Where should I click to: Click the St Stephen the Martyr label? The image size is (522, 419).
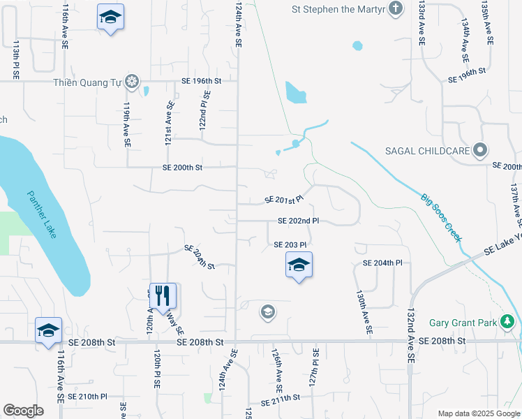click(x=338, y=10)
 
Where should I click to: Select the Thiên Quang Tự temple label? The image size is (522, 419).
click(x=87, y=81)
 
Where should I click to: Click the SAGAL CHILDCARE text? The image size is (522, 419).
click(x=426, y=150)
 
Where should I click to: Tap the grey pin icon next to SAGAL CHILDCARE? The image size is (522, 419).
click(x=479, y=150)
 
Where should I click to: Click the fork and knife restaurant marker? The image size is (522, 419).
click(x=163, y=295)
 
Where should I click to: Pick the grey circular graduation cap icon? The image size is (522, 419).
click(x=267, y=312)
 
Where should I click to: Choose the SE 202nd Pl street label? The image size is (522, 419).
click(x=298, y=221)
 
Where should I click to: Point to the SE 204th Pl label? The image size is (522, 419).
click(x=382, y=263)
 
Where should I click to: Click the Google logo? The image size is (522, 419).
click(x=23, y=410)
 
